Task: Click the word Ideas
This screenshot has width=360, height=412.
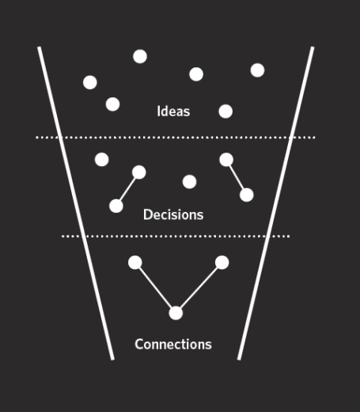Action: (x=173, y=112)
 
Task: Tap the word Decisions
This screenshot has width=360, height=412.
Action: (x=173, y=214)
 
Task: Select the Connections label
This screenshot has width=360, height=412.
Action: (x=173, y=344)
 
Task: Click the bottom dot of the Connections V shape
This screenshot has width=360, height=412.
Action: (x=176, y=313)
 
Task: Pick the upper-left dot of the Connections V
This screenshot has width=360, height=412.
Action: (x=135, y=263)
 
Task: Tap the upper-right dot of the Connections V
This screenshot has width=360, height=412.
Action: (x=222, y=263)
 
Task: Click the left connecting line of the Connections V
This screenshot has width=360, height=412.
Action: (x=155, y=288)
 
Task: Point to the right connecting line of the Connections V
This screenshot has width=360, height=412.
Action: (x=199, y=288)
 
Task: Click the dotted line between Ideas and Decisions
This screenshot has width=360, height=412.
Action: (x=176, y=138)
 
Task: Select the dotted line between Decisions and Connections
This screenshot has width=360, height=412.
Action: (x=176, y=236)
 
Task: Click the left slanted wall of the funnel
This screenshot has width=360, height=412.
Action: (x=76, y=203)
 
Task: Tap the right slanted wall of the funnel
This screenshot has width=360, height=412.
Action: (x=276, y=203)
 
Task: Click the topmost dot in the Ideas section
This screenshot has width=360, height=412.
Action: (x=140, y=56)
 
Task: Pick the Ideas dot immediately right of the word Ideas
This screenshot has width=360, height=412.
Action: (x=225, y=112)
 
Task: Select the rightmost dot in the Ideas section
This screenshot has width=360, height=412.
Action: (x=257, y=70)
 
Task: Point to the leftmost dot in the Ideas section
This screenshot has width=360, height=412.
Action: (x=90, y=82)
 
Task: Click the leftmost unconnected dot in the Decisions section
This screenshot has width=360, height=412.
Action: (x=101, y=160)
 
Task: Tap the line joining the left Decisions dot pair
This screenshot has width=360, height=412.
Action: (x=127, y=189)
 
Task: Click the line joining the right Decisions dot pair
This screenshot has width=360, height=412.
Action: (x=237, y=177)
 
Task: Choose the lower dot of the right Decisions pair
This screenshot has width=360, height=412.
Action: (x=247, y=195)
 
